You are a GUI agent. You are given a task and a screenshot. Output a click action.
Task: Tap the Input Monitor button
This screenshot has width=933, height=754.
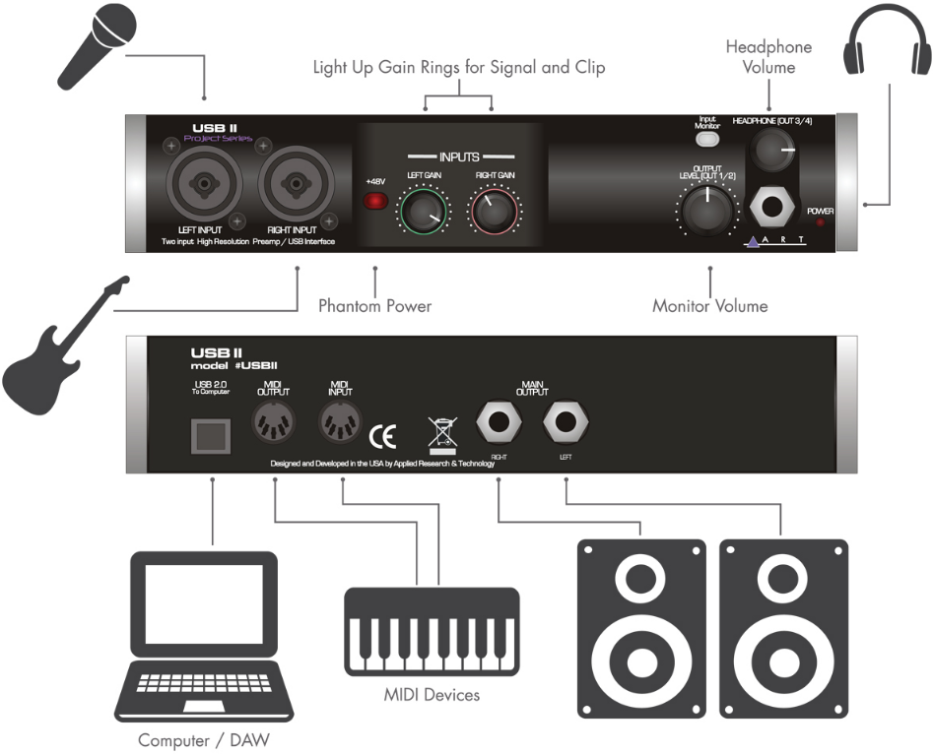[x=707, y=139]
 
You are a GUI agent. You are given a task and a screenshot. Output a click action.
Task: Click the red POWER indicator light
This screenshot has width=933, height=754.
[x=820, y=223]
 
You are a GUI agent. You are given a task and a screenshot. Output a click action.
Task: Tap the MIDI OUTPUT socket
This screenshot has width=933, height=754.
[x=274, y=426]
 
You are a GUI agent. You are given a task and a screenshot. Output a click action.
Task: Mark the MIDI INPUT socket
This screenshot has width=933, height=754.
[x=340, y=426]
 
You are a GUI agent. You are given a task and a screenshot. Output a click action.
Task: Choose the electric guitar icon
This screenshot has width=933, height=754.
[x=59, y=340]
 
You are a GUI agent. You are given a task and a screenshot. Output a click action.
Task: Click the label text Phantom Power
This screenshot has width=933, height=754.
[x=374, y=306]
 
